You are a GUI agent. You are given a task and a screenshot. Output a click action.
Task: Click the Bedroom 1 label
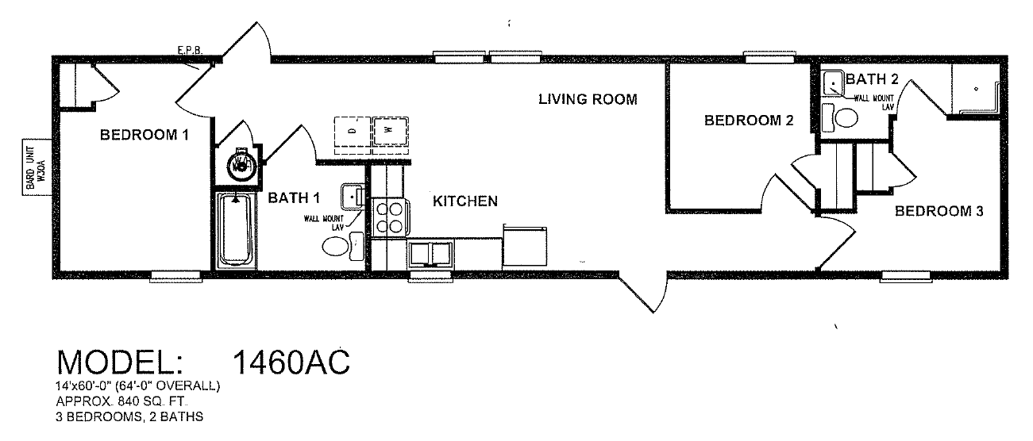tap(145, 135)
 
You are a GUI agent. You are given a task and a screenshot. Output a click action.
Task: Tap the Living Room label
tap(588, 99)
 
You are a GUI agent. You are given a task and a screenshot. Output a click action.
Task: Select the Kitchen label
tap(465, 201)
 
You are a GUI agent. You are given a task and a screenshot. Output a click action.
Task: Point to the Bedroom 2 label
tap(749, 121)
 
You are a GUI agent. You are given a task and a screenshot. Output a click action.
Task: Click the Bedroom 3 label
tap(939, 211)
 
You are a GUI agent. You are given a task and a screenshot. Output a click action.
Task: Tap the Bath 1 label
tap(294, 197)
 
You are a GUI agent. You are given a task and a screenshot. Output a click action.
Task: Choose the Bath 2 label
tap(872, 79)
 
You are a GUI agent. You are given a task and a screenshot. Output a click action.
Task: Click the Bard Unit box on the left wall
tap(37, 167)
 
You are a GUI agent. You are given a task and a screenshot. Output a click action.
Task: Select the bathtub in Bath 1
tap(236, 231)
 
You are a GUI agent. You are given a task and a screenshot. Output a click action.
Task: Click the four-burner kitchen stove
tap(390, 217)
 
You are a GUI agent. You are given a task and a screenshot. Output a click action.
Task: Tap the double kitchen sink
tap(430, 254)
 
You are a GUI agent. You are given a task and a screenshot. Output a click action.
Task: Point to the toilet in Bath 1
tap(343, 246)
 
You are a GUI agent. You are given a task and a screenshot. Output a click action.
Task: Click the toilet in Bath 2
tap(840, 118)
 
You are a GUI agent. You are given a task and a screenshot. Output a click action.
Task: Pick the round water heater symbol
tap(241, 163)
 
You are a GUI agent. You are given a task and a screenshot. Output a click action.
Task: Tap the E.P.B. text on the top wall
tap(190, 51)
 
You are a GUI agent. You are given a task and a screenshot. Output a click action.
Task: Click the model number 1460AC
tap(291, 362)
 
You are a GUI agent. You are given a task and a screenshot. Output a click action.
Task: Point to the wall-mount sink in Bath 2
tap(833, 83)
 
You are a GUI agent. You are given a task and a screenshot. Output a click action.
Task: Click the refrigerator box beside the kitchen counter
tap(525, 246)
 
